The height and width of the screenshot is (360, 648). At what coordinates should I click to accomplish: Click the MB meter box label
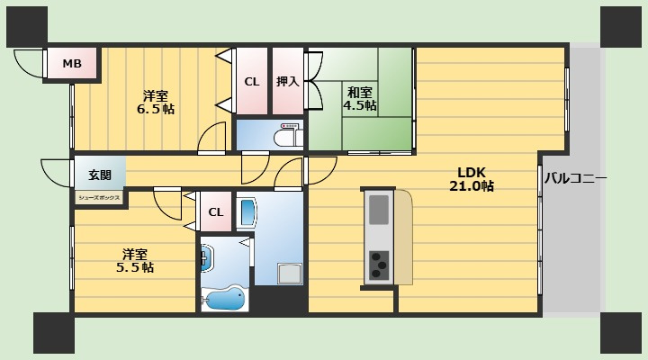tap(72, 64)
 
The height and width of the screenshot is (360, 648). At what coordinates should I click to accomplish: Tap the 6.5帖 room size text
tap(156, 109)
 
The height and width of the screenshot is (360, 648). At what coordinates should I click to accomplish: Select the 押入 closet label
tap(288, 81)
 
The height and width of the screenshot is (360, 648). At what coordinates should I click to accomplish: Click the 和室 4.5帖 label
tap(359, 98)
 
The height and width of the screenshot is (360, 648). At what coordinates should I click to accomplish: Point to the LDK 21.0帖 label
tap(471, 179)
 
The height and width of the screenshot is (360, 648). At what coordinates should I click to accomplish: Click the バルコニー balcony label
tap(575, 178)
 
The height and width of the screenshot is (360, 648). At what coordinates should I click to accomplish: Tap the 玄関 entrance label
tap(100, 175)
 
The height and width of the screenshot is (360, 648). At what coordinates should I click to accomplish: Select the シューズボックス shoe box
tap(99, 198)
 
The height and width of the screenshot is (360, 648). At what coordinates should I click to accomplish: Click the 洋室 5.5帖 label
tap(135, 261)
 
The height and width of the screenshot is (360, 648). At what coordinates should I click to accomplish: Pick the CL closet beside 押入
tap(252, 81)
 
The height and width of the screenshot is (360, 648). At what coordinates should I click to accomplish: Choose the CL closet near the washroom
tap(216, 211)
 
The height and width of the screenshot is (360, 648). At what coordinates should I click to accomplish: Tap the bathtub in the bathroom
tap(224, 298)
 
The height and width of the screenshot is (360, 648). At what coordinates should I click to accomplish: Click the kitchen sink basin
tap(379, 210)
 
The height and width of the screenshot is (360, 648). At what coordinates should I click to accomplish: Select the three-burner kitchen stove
tap(379, 265)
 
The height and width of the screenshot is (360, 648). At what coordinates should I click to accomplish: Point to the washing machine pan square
tap(290, 274)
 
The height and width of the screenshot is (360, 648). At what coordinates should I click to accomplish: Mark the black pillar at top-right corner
tap(620, 26)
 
